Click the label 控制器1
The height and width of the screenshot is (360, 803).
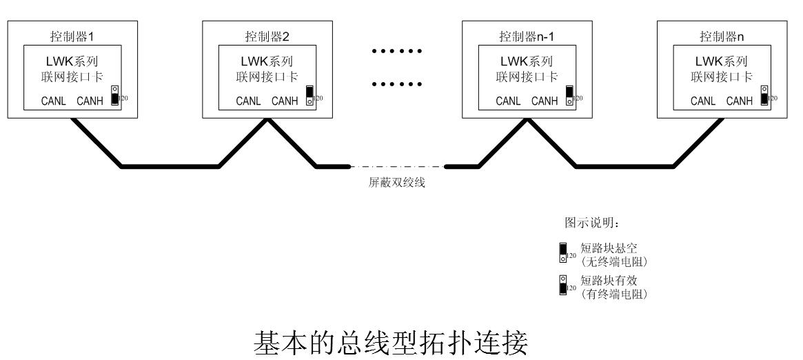pyautogui.click(x=75, y=35)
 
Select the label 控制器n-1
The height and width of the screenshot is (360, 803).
pyautogui.click(x=529, y=35)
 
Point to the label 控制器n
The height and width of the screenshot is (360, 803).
pyautogui.click(x=724, y=35)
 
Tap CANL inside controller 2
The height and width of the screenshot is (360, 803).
pyautogui.click(x=248, y=101)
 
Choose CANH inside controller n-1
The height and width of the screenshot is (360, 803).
pyautogui.click(x=545, y=101)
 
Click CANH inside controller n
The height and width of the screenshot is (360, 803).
pyautogui.click(x=739, y=101)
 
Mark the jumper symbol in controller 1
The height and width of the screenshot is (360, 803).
pyautogui.click(x=115, y=95)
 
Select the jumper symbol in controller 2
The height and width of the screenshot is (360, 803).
pyautogui.click(x=310, y=95)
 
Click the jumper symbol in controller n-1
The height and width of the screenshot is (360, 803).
pyautogui.click(x=569, y=95)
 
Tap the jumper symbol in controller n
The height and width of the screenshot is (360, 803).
pyautogui.click(x=764, y=95)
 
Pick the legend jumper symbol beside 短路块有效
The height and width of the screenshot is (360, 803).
pyautogui.click(x=562, y=284)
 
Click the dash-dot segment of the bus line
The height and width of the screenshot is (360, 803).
pyautogui.click(x=398, y=166)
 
